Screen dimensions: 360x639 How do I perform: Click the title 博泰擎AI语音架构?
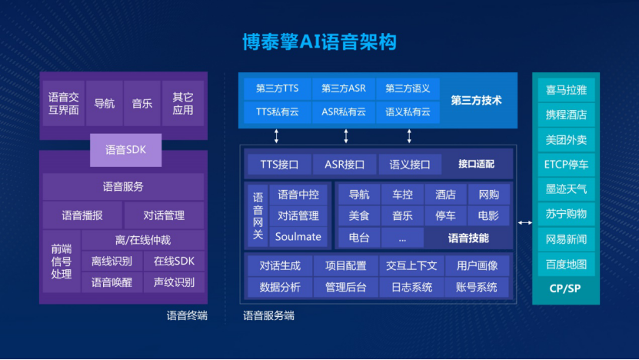319,41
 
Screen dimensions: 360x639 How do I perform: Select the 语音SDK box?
126,150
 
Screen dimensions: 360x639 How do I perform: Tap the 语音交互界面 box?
63,103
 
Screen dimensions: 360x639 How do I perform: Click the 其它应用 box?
183,103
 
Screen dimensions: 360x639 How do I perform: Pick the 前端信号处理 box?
62,261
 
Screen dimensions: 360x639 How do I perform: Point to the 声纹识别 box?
174,282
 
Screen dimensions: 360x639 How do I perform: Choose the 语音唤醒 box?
111,282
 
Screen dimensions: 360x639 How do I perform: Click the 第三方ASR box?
344,88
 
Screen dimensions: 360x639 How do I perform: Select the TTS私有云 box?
278,112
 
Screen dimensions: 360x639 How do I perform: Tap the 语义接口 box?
410,164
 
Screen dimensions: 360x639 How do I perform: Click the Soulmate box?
298,236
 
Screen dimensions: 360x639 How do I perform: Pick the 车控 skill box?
402,195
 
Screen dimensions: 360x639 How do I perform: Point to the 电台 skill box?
358,236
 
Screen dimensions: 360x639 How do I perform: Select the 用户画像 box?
477,265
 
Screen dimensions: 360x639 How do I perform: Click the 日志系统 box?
411,287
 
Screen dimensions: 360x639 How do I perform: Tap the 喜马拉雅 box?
566,90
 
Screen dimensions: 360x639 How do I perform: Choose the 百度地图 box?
566,264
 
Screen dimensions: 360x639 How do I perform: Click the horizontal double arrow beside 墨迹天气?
524,222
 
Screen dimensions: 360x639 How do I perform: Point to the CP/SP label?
566,288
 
